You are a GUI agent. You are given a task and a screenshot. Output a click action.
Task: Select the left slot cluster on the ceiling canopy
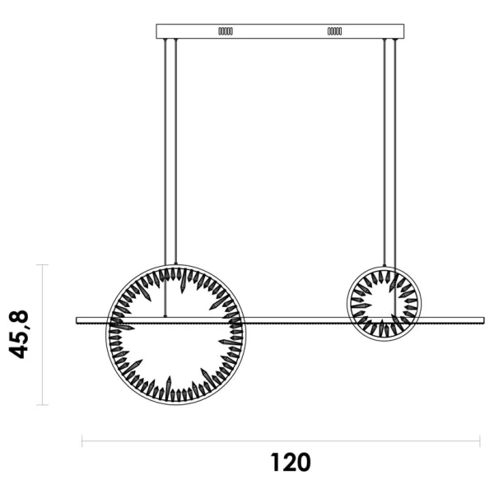pos(225,31)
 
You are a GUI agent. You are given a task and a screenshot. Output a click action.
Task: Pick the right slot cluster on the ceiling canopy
pos(335,31)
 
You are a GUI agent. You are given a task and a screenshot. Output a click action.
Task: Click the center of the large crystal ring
pos(175,333)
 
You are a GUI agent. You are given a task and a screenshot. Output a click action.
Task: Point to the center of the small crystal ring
pos(384,301)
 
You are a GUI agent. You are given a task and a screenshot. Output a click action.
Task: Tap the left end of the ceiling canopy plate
pos(157,31)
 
